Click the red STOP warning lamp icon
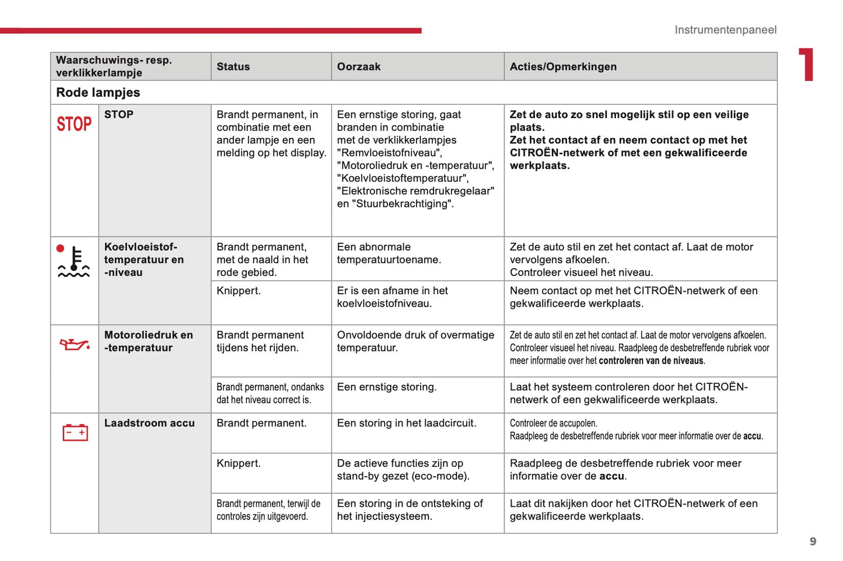(74, 124)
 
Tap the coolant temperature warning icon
(74, 262)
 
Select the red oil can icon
(75, 345)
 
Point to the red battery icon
(75, 432)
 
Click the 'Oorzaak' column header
(358, 66)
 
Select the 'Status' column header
(233, 66)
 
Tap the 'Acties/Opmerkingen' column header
(562, 66)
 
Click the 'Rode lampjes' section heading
(98, 92)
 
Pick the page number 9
(813, 541)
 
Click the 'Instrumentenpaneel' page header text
(725, 30)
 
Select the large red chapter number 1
(807, 64)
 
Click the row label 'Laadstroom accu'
(149, 423)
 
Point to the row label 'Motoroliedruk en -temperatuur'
(148, 341)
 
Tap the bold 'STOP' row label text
(118, 115)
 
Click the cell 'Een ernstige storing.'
(386, 387)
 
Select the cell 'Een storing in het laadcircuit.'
(406, 423)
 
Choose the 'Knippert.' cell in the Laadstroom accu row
(239, 463)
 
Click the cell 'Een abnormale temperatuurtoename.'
(389, 253)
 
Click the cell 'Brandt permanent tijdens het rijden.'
(260, 341)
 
